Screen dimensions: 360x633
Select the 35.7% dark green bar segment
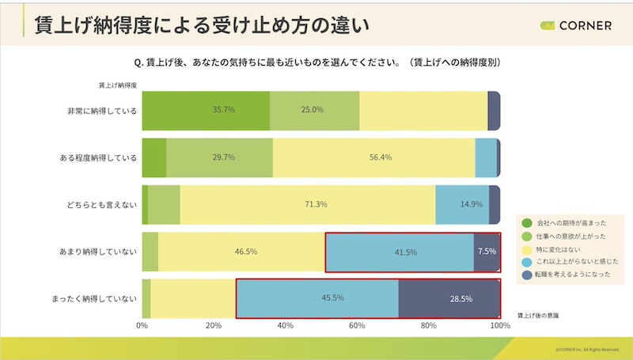point(206,111)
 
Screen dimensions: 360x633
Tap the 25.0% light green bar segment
point(314,111)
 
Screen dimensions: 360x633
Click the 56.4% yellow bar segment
point(373,157)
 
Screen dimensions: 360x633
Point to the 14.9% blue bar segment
point(463,205)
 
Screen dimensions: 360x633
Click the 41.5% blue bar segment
point(400,252)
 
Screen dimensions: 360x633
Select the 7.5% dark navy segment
point(487,252)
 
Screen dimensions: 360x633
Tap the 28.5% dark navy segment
point(449,299)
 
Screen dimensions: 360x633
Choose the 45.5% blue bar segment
point(316,299)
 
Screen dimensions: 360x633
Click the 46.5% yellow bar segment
point(242,252)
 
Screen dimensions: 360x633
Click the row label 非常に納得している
point(102,111)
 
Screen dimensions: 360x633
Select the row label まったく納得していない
point(93,299)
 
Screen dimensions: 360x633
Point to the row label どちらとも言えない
point(102,205)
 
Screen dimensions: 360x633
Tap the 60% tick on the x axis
point(357,325)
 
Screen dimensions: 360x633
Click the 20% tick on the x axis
point(214,325)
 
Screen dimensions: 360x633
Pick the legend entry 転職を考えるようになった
point(575,274)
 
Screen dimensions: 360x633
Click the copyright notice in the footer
point(586,349)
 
